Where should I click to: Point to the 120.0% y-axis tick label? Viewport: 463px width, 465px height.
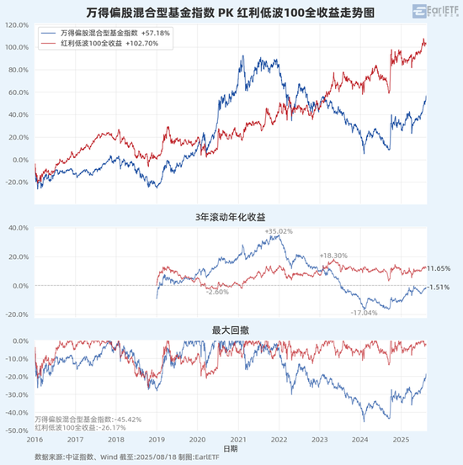[x=18, y=24]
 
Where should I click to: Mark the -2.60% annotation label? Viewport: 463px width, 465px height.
[x=217, y=292]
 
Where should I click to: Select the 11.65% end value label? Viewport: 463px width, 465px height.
[x=439, y=268]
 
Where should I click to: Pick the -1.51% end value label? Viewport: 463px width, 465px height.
[x=439, y=288]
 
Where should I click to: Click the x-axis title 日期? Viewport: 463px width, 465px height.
[x=231, y=447]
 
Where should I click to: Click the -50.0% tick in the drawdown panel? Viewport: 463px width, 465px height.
[x=18, y=431]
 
